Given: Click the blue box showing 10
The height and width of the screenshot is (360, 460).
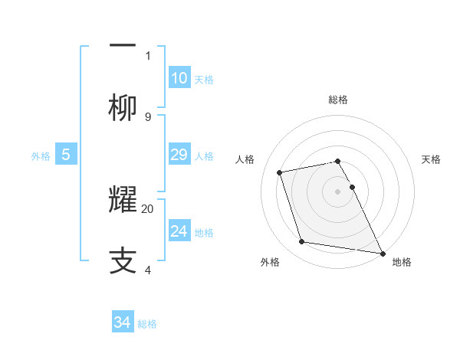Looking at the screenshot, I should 179,77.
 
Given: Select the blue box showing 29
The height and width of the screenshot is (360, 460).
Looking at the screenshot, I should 179,155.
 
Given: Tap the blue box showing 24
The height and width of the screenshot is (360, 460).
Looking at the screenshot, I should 179,231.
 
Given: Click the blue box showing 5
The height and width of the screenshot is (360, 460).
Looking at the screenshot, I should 66,155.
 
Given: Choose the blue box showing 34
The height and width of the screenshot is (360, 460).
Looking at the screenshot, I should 123,322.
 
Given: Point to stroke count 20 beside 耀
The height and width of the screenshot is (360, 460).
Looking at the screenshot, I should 148,208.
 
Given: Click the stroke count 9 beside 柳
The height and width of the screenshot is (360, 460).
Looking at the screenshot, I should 148,116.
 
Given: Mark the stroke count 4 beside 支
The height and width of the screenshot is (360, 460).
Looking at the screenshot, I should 148,270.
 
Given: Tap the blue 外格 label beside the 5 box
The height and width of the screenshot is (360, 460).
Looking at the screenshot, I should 41,155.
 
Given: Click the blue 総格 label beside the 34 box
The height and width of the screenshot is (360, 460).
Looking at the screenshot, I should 147,323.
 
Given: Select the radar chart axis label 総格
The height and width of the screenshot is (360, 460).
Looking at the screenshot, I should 338,100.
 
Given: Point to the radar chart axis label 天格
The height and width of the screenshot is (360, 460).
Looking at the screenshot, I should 431,159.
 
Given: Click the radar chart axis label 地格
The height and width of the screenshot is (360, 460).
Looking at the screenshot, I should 402,262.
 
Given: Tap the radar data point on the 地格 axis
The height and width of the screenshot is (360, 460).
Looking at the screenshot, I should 382,251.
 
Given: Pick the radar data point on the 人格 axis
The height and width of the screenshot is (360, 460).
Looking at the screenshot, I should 280,172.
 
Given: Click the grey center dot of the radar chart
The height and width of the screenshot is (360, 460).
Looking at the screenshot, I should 338,191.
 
